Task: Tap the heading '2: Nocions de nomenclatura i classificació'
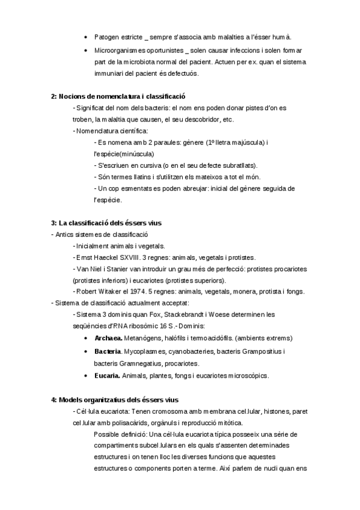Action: click(118, 96)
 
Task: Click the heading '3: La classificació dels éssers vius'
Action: click(106, 223)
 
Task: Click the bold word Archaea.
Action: click(108, 338)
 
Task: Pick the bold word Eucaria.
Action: click(107, 376)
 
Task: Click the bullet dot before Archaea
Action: click(88, 338)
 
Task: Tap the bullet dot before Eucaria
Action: click(88, 376)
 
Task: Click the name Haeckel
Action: click(106, 257)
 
